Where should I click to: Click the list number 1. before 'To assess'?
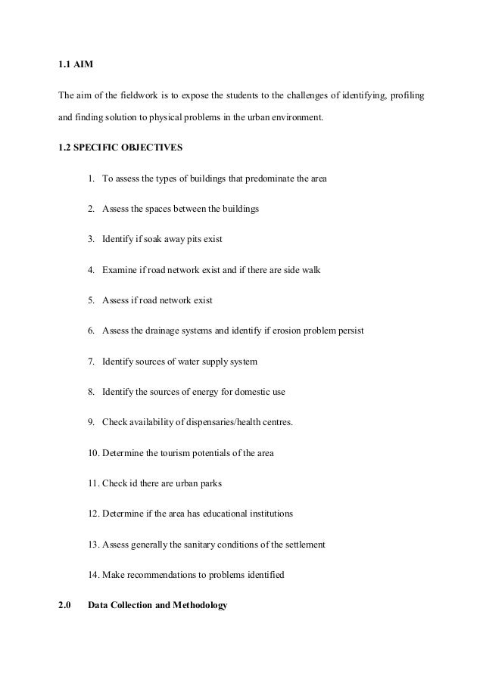[x=91, y=179]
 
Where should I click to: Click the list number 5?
[x=91, y=300]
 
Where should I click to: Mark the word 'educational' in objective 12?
[x=220, y=514]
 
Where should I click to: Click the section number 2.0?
[x=64, y=604]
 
